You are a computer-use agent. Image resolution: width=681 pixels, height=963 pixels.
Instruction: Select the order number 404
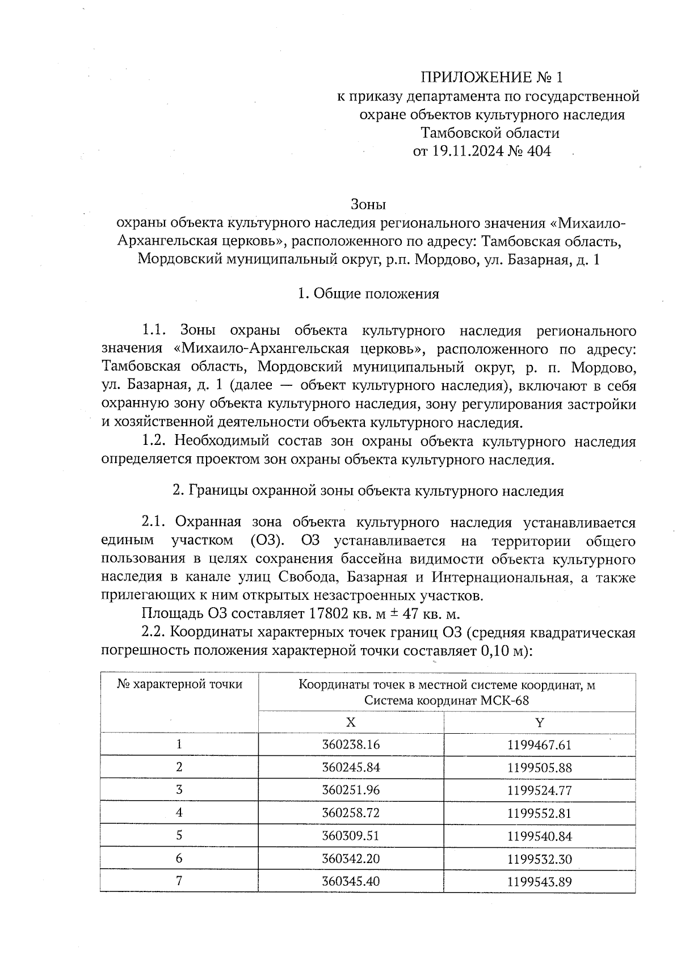pos(539,152)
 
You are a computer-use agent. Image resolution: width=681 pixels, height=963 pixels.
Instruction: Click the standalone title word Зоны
pos(368,204)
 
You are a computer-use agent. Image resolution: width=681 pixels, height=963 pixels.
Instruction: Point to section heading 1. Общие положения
pos(368,294)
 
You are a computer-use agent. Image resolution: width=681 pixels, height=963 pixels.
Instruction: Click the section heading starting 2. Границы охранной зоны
pos(368,491)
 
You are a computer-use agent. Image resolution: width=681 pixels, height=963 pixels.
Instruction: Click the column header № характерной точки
pos(179,684)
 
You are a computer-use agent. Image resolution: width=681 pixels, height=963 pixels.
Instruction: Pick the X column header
pos(351,722)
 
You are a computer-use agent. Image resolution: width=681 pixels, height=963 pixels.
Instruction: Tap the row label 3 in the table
pos(179,790)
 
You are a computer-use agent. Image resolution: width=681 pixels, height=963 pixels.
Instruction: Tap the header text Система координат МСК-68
pos(447,701)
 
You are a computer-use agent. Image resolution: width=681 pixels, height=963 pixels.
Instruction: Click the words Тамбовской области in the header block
pos(490,133)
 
